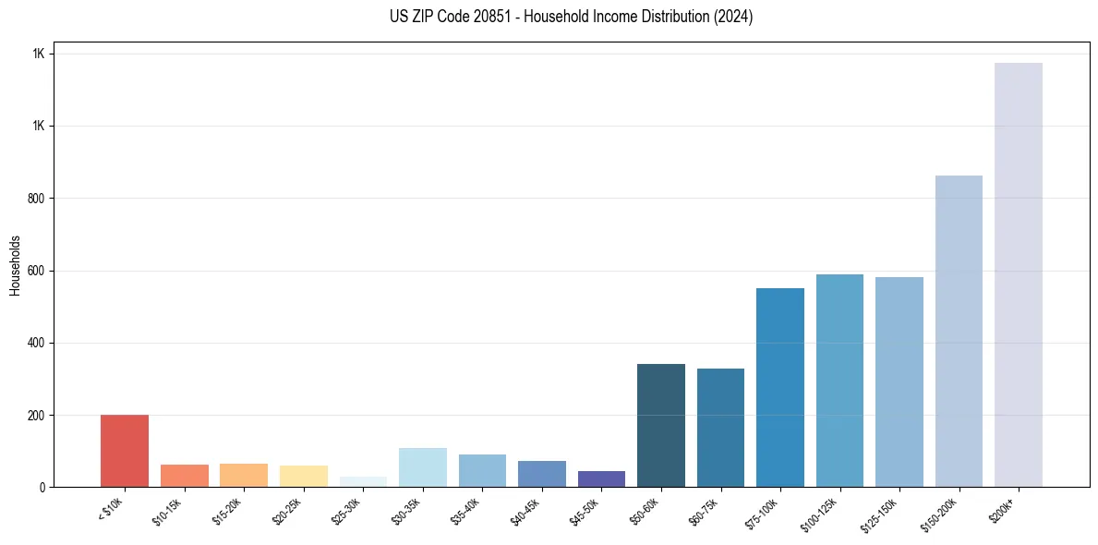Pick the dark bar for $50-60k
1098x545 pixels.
pos(660,425)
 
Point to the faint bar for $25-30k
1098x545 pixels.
pos(363,481)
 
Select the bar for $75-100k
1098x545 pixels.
pos(779,387)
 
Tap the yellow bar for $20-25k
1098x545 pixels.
pos(304,476)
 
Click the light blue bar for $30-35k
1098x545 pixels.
pos(423,467)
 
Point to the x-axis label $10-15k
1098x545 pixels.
pos(167,511)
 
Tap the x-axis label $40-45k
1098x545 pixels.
pos(525,511)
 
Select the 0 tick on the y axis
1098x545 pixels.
pos(41,487)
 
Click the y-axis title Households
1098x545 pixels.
pos(15,265)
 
